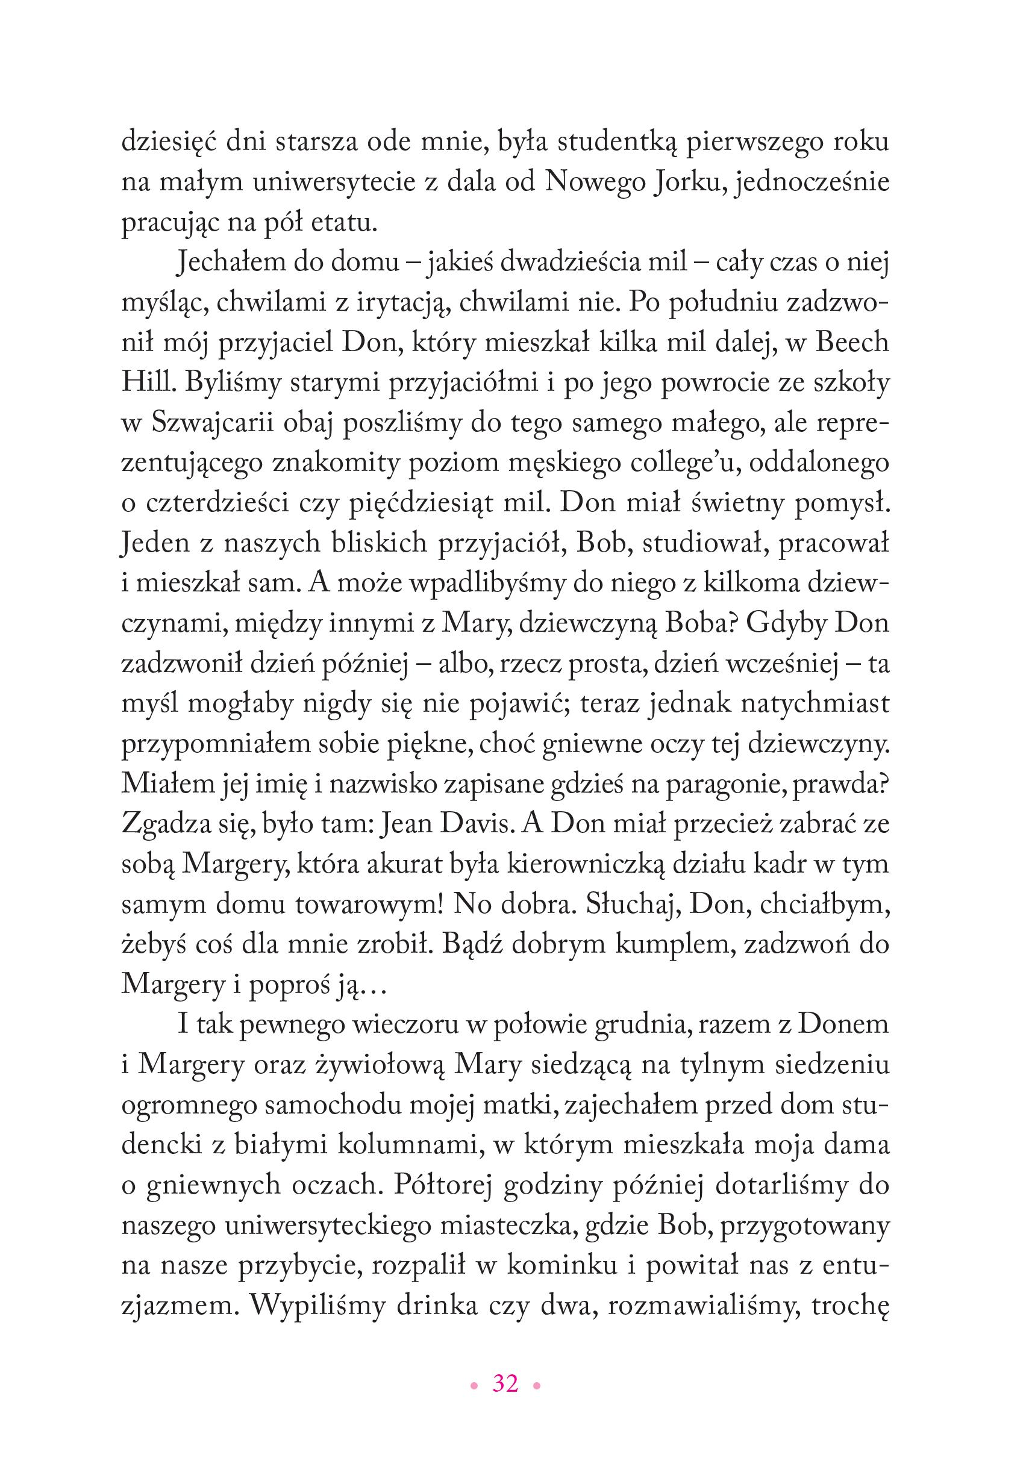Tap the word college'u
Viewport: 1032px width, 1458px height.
689,464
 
